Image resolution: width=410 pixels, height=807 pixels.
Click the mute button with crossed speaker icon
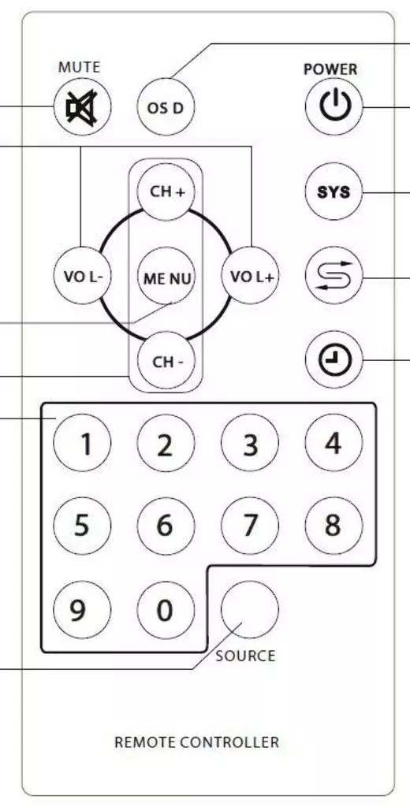pos(83,107)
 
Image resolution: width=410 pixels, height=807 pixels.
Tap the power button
pos(334,107)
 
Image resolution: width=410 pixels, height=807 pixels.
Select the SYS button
pos(334,192)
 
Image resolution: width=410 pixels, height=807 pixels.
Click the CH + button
pos(166,192)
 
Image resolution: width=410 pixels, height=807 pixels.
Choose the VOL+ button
pos(250,276)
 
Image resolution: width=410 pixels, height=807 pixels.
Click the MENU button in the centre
pos(166,276)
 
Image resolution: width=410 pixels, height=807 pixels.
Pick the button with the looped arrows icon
pos(334,276)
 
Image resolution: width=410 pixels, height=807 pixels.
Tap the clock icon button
pos(334,359)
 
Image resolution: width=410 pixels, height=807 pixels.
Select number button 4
pos(334,443)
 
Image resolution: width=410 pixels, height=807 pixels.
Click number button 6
pos(166,526)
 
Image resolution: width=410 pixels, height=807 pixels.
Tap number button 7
pos(250,526)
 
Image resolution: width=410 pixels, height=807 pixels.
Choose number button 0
pos(166,610)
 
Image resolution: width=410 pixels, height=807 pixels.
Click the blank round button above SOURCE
pos(250,610)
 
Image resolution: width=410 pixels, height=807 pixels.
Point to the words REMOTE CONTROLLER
pos(197,742)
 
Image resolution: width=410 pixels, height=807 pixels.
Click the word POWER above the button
pos(330,69)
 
